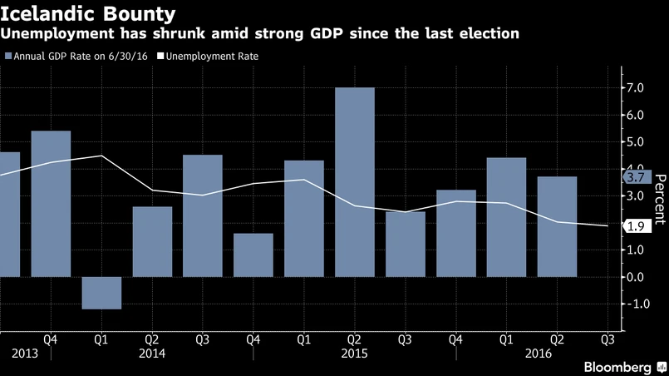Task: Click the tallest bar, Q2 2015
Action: (x=354, y=182)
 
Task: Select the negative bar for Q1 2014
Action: (x=101, y=293)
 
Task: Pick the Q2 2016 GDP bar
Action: (x=557, y=226)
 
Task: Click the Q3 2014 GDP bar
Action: (x=202, y=215)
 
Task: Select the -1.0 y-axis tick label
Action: (x=636, y=304)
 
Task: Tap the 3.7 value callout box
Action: (x=635, y=177)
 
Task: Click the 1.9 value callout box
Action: (x=636, y=225)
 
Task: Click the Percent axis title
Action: (x=659, y=200)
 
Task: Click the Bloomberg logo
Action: (x=617, y=367)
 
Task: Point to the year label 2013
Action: (x=24, y=353)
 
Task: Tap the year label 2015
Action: (x=354, y=353)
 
